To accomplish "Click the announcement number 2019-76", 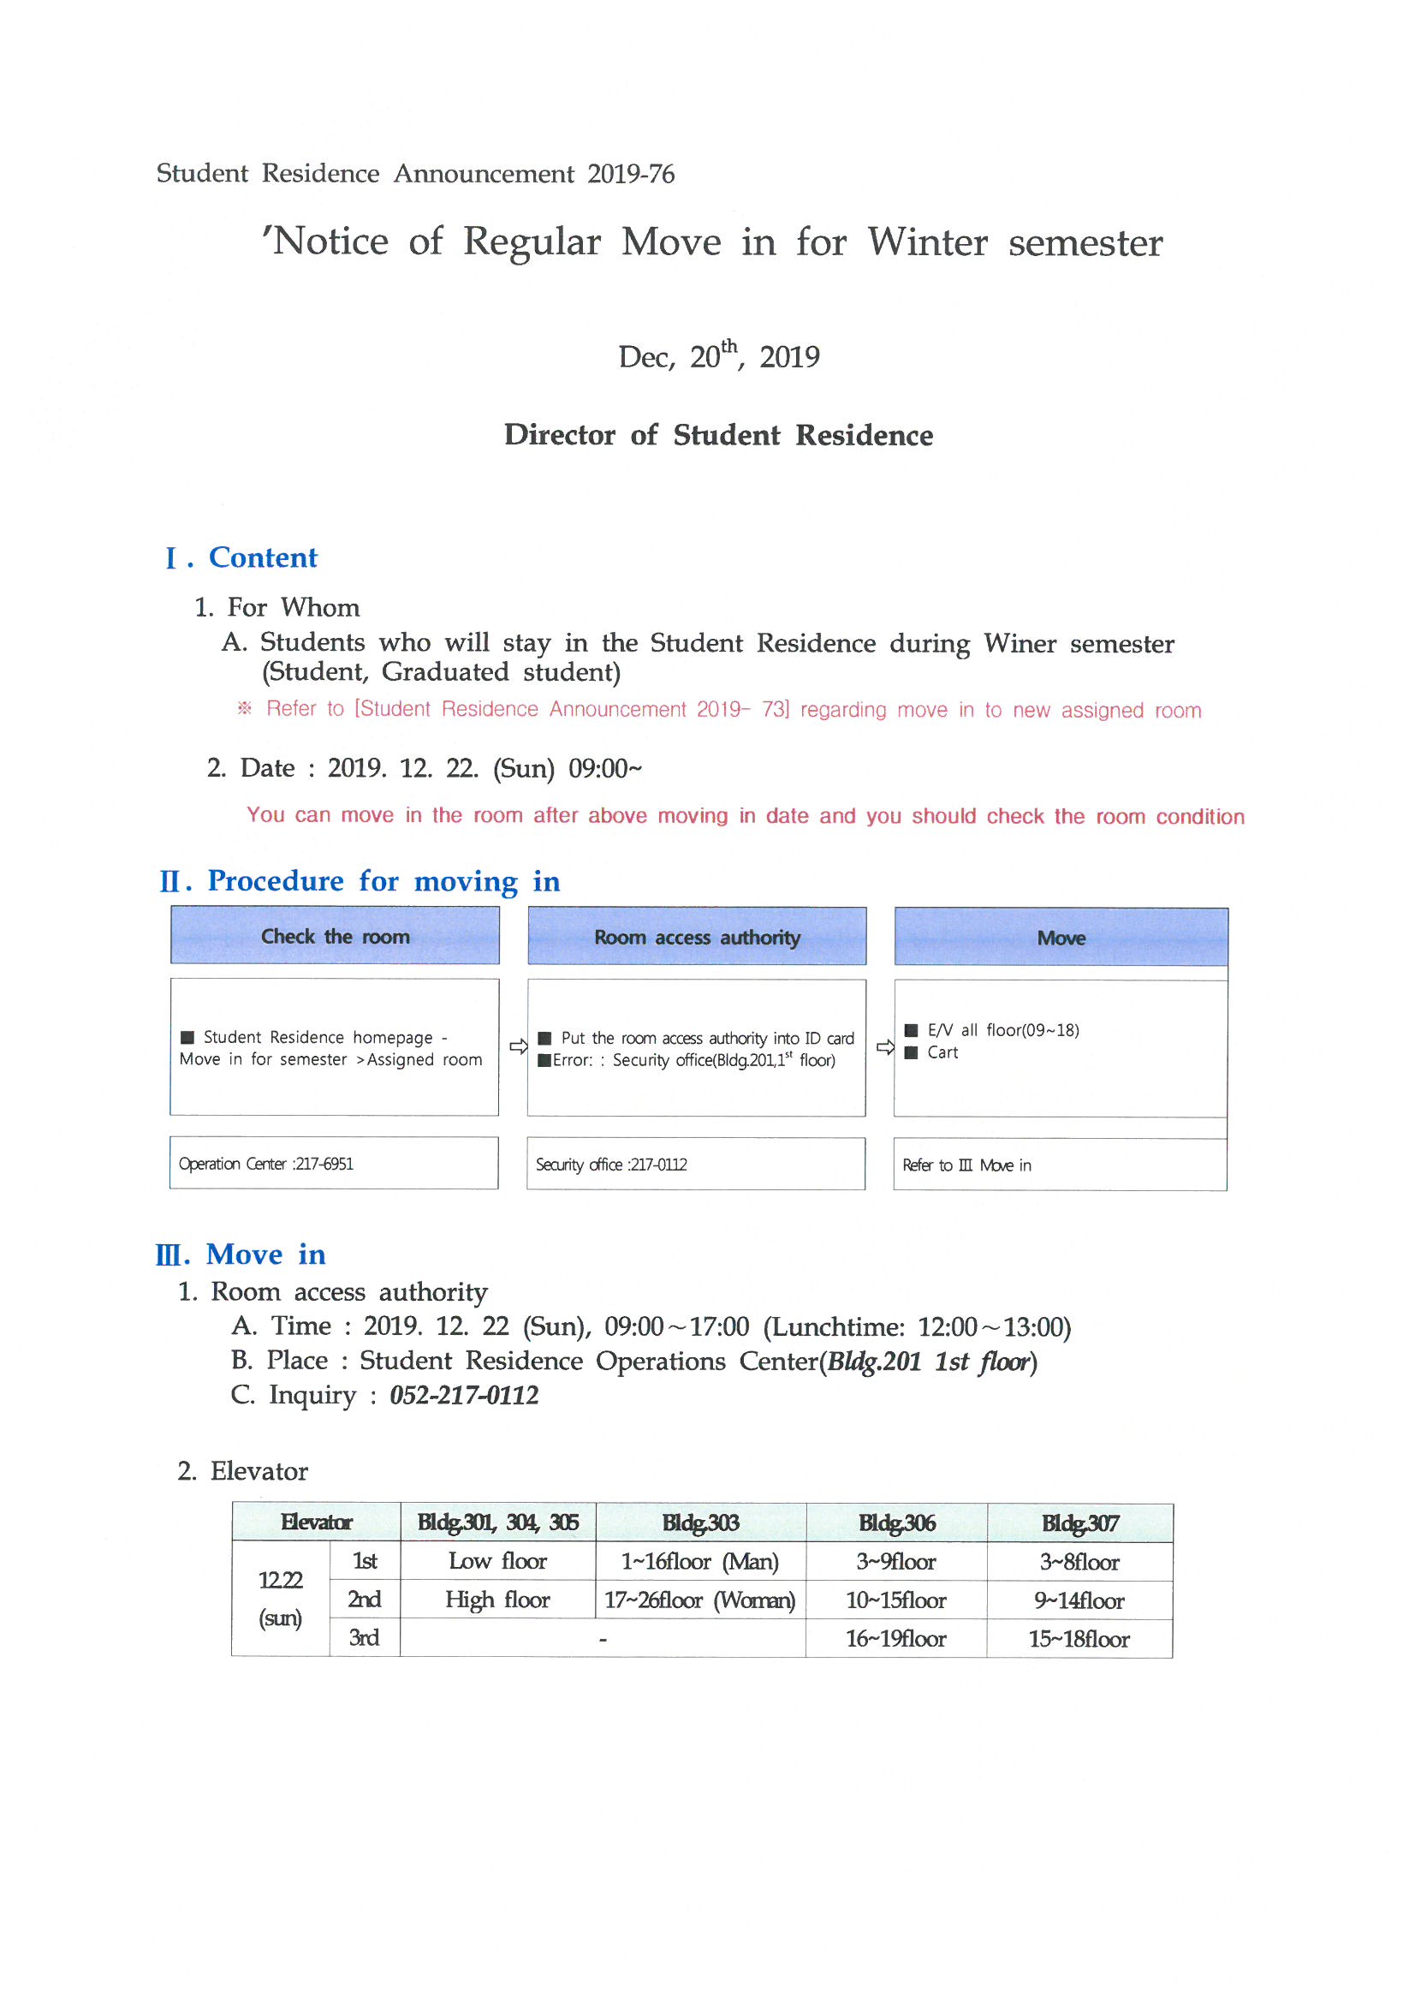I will click(x=630, y=175).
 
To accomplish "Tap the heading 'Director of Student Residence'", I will click(x=717, y=435).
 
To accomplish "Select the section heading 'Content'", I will click(x=263, y=558).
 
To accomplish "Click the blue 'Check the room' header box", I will click(x=335, y=937).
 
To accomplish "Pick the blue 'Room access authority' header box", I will click(x=697, y=938).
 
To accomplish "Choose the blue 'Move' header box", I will click(x=1060, y=938).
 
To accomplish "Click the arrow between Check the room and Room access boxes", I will click(x=518, y=1046).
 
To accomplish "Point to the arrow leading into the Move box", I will click(x=885, y=1047).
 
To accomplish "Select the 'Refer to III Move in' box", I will click(x=966, y=1165).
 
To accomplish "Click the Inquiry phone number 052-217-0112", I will click(x=464, y=1396).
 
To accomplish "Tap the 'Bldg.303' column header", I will click(x=700, y=1523).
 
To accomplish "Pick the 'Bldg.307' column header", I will click(x=1079, y=1524).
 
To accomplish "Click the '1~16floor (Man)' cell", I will click(x=700, y=1562).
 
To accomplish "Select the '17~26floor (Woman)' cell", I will click(x=700, y=1600).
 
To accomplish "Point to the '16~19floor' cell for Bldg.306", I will click(x=895, y=1639).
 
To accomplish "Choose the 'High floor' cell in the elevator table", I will click(x=497, y=1600).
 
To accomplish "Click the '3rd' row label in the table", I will click(x=364, y=1638).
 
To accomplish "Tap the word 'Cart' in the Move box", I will click(x=942, y=1052).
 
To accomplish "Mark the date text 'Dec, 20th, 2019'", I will click(x=718, y=356).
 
